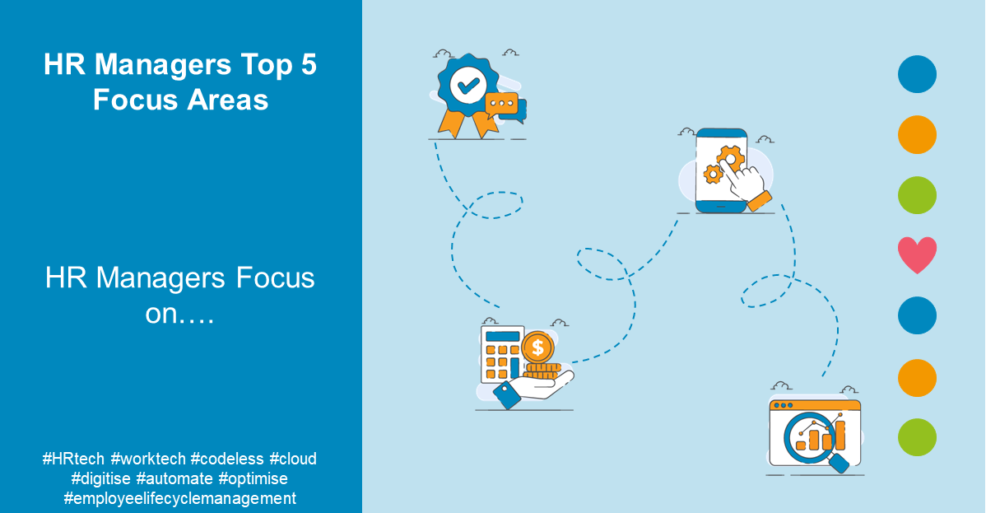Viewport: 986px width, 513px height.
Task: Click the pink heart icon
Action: (917, 255)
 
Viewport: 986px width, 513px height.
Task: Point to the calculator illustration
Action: (503, 354)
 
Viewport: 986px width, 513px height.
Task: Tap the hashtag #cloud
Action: (293, 459)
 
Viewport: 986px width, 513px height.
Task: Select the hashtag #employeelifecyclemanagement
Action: (179, 498)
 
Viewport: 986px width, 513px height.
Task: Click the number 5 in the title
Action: (308, 66)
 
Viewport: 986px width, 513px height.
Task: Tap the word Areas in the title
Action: (226, 100)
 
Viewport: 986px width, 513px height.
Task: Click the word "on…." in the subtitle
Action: (179, 314)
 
